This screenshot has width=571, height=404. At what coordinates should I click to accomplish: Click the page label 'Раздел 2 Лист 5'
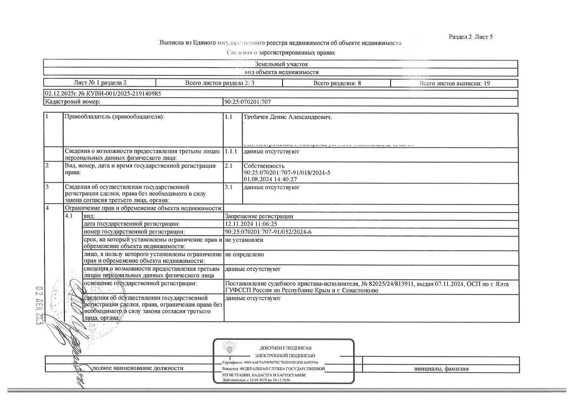coord(471,37)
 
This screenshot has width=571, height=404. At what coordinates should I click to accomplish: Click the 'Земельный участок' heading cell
coord(281,64)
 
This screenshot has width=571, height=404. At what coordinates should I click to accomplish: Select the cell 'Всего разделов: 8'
coord(337,83)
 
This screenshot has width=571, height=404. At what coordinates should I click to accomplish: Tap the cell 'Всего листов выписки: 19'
coord(454,84)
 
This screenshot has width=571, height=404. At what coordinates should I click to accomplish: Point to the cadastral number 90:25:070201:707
coord(247,102)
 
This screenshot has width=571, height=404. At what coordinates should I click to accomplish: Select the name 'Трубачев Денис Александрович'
coord(287,117)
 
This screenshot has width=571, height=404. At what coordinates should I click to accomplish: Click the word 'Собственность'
coord(264,166)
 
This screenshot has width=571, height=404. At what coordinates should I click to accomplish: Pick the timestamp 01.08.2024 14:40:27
coord(270,179)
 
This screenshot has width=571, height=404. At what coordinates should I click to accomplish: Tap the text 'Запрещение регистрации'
coord(259,216)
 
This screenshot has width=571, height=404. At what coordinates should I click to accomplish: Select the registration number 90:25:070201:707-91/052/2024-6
coord(268,232)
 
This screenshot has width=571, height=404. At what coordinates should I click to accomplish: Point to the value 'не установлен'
coord(244,240)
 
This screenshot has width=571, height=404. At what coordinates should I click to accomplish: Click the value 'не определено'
coord(244,254)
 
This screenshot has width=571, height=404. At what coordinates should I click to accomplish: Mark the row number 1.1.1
coord(231,151)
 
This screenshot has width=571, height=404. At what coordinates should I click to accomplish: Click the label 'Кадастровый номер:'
coord(73,102)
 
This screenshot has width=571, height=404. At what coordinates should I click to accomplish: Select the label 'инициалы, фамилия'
coord(441,369)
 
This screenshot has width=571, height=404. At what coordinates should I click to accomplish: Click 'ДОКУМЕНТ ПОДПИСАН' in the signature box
coord(285,348)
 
